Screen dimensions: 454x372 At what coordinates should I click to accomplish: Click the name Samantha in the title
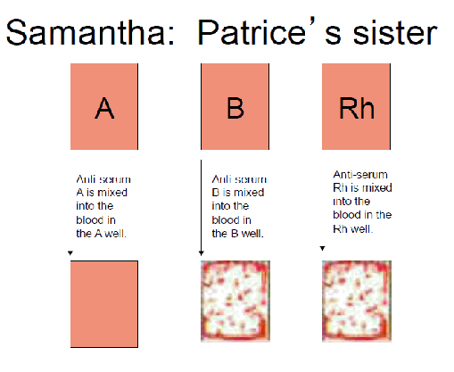(90, 32)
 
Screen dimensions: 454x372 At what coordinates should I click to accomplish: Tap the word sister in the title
(394, 32)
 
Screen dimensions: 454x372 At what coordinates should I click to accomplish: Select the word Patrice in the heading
(252, 32)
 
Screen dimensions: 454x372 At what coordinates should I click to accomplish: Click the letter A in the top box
(104, 108)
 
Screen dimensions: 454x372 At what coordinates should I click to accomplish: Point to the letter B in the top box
(235, 108)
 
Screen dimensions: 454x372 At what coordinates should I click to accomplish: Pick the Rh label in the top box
(357, 108)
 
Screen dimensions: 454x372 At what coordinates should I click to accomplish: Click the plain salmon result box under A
(104, 304)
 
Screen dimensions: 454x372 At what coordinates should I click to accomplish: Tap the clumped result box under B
(235, 301)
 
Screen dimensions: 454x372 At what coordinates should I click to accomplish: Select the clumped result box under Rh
(357, 301)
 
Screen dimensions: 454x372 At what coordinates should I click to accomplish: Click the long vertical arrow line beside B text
(202, 208)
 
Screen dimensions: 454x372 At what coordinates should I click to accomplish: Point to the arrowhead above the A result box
(70, 253)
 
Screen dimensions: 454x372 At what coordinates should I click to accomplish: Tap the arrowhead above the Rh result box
(323, 248)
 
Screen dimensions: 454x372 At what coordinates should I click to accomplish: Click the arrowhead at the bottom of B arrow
(202, 253)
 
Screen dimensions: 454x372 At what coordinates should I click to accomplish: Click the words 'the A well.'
(102, 234)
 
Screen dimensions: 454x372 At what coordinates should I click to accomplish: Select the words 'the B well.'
(237, 234)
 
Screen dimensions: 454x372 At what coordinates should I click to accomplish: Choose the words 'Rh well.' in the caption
(352, 229)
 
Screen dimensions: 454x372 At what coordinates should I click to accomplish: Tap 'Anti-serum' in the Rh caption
(360, 174)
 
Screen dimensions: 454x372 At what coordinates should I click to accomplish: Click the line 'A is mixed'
(102, 193)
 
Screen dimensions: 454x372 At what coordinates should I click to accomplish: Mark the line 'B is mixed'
(238, 193)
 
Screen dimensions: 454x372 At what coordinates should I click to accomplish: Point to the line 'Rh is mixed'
(362, 187)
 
